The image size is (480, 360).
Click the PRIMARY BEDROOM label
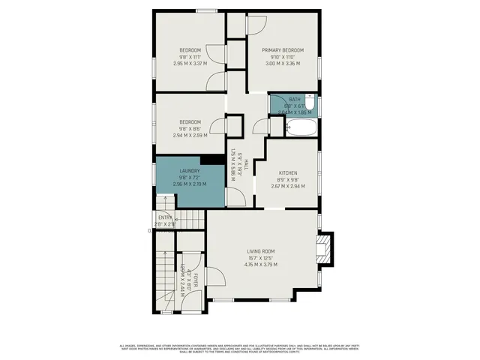pos(282,49)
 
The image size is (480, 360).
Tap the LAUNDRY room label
pos(189,170)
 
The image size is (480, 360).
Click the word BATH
pos(294,99)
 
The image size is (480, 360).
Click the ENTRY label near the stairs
pos(165,217)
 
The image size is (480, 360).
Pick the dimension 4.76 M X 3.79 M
pos(262,264)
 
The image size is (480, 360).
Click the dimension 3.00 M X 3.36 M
pos(282,64)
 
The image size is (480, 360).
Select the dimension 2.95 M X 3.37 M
pos(190,64)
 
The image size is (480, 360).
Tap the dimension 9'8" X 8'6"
pos(190,129)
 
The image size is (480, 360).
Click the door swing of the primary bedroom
pos(255,24)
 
